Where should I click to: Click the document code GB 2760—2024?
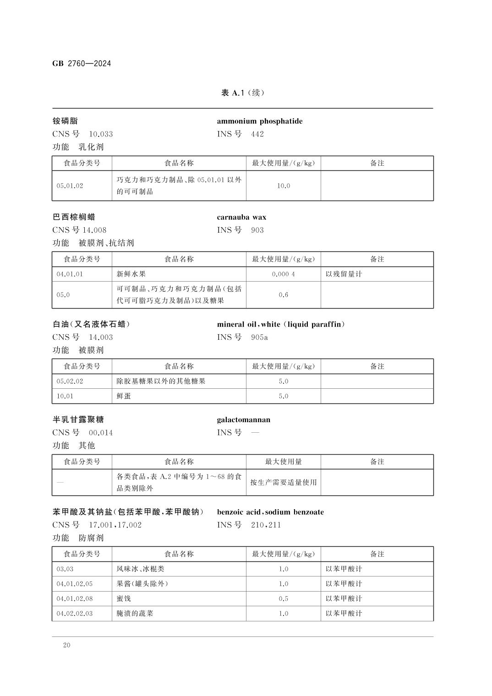pos(82,64)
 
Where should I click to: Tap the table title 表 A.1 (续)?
pos(242,93)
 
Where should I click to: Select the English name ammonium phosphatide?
pos(260,121)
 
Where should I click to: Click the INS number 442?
pos(257,134)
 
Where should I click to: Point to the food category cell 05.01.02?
pos(70,186)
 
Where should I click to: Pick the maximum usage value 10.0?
pos(284,186)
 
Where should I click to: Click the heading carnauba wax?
pos(241,217)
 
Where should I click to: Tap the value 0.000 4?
pos(284,274)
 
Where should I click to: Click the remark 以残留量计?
pos(344,274)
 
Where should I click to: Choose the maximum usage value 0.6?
pos(284,295)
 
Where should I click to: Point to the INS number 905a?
pos(259,337)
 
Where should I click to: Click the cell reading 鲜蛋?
pos(124,396)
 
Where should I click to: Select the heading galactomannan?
pos(244,420)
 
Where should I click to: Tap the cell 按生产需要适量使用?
pos(284,483)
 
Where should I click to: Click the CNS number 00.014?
pos(101,433)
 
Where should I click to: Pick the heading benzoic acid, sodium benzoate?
pos(270,512)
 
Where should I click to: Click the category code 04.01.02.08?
pos(75,599)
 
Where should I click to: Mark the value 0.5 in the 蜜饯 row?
pos(284,599)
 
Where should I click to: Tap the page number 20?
pos(67,645)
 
